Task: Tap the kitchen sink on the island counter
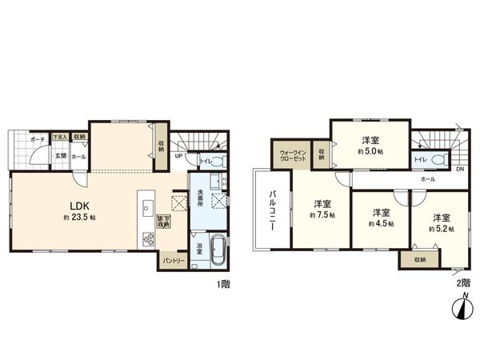(x=147, y=209)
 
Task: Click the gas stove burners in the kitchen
(x=147, y=239)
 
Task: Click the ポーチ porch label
(x=37, y=139)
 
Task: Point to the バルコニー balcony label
(x=271, y=211)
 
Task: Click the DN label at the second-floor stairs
(x=459, y=170)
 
